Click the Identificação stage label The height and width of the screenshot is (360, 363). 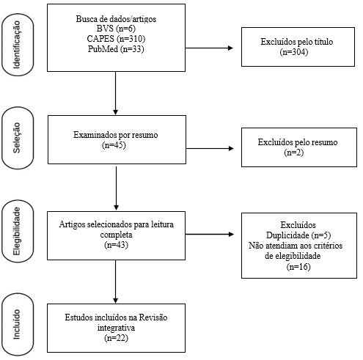pyautogui.click(x=17, y=45)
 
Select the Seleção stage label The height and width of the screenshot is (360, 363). pyautogui.click(x=17, y=138)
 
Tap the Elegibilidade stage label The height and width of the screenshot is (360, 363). pyautogui.click(x=17, y=231)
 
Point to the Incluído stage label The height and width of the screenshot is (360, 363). pyautogui.click(x=17, y=324)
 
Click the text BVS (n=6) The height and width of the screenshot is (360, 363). pyautogui.click(x=116, y=29)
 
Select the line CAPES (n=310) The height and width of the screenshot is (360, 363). pyautogui.click(x=116, y=39)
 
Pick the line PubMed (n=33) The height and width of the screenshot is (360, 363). pyautogui.click(x=116, y=49)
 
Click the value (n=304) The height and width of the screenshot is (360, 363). pyautogui.click(x=294, y=52)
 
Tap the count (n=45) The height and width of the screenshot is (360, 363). pyautogui.click(x=114, y=145)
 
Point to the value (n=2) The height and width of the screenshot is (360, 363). pyautogui.click(x=294, y=153)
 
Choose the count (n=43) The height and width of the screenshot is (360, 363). pyautogui.click(x=116, y=245)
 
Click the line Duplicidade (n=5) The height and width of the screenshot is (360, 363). pyautogui.click(x=298, y=235)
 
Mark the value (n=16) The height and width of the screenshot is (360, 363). pyautogui.click(x=298, y=266)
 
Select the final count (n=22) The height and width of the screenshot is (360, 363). pyautogui.click(x=116, y=338)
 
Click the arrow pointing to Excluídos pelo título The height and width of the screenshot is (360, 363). pyautogui.click(x=209, y=48)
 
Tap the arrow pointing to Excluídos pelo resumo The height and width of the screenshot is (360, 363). pyautogui.click(x=210, y=148)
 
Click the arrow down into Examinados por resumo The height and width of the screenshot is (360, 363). pyautogui.click(x=116, y=93)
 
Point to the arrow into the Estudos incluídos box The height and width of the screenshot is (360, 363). pyautogui.click(x=116, y=282)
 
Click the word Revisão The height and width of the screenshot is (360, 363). pyautogui.click(x=153, y=317)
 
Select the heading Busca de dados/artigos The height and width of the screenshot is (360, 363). pyautogui.click(x=116, y=19)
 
